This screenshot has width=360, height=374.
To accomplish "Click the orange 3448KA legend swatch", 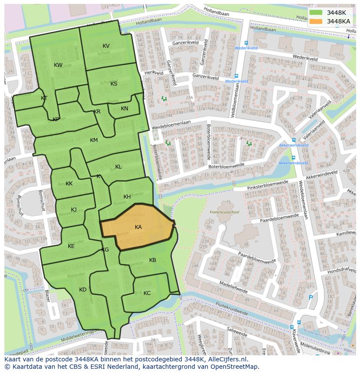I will click(x=316, y=21).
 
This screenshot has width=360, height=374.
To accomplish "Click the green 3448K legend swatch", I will click(x=316, y=13).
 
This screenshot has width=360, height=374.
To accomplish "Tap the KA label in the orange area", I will click(x=138, y=227).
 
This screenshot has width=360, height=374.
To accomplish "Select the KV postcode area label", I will click(x=106, y=46).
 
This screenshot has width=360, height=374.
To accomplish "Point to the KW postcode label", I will click(x=58, y=65).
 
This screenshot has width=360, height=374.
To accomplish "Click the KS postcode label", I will click(x=114, y=84).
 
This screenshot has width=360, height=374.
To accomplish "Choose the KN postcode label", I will click(x=124, y=109).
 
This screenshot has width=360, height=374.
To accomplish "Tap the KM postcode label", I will click(x=94, y=140).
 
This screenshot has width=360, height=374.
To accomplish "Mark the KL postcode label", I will click(x=118, y=167).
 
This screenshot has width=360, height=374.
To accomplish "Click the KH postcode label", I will click(x=127, y=197).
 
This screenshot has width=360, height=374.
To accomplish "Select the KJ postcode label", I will click(x=74, y=210).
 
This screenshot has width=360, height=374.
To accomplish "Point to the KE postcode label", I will click(x=71, y=246).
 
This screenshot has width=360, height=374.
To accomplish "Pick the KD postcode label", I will click(x=83, y=290).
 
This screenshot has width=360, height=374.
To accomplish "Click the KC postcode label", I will click(x=147, y=293).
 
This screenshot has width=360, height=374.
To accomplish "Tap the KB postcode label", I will click(x=153, y=260).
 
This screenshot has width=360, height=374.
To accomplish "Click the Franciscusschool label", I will click(x=224, y=212).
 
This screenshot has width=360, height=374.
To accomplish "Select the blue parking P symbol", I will click(x=310, y=298).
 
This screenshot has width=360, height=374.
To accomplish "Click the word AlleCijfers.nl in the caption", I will click(x=227, y=359).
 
